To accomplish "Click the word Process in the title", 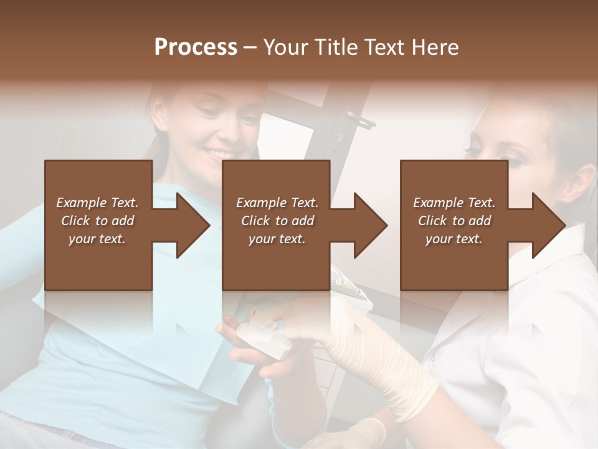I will [196, 47].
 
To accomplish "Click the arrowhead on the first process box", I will [193, 225].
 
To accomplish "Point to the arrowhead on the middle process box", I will [371, 225].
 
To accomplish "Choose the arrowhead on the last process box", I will [549, 225].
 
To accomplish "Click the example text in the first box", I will [98, 221].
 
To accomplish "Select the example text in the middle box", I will [277, 221].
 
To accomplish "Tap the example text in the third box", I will [454, 221].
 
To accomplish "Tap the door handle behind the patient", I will [359, 118].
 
